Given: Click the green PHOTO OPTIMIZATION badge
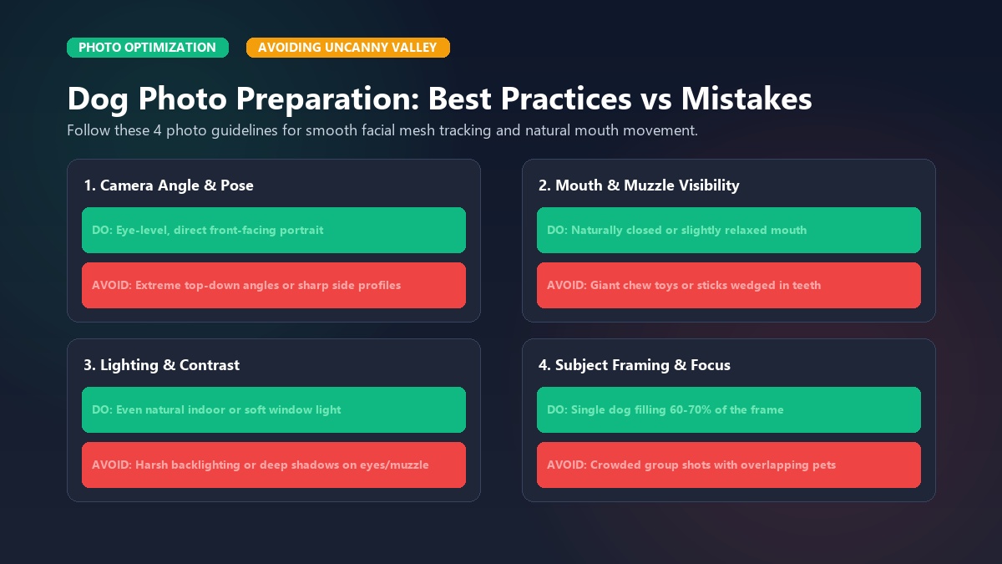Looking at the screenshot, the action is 148,48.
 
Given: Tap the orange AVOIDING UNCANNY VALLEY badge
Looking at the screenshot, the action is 348,48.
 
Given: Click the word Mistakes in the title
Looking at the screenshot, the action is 746,99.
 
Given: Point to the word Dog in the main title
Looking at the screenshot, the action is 98,100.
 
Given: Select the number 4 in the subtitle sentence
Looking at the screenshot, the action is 158,130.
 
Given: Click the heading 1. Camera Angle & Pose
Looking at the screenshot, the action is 169,185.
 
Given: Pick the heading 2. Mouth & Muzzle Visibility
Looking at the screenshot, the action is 639,185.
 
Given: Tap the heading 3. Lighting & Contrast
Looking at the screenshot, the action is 161,365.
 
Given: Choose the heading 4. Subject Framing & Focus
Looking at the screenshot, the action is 635,365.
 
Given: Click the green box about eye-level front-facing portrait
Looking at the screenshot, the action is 274,230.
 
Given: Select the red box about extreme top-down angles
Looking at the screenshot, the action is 274,285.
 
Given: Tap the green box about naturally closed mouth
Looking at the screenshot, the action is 729,230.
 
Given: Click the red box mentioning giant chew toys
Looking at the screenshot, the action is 729,285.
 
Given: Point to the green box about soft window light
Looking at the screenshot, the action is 274,409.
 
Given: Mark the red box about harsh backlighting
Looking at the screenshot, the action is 274,465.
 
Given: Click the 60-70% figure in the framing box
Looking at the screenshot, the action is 691,409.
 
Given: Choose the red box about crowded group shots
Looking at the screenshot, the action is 729,465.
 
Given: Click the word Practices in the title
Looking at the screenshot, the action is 566,99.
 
